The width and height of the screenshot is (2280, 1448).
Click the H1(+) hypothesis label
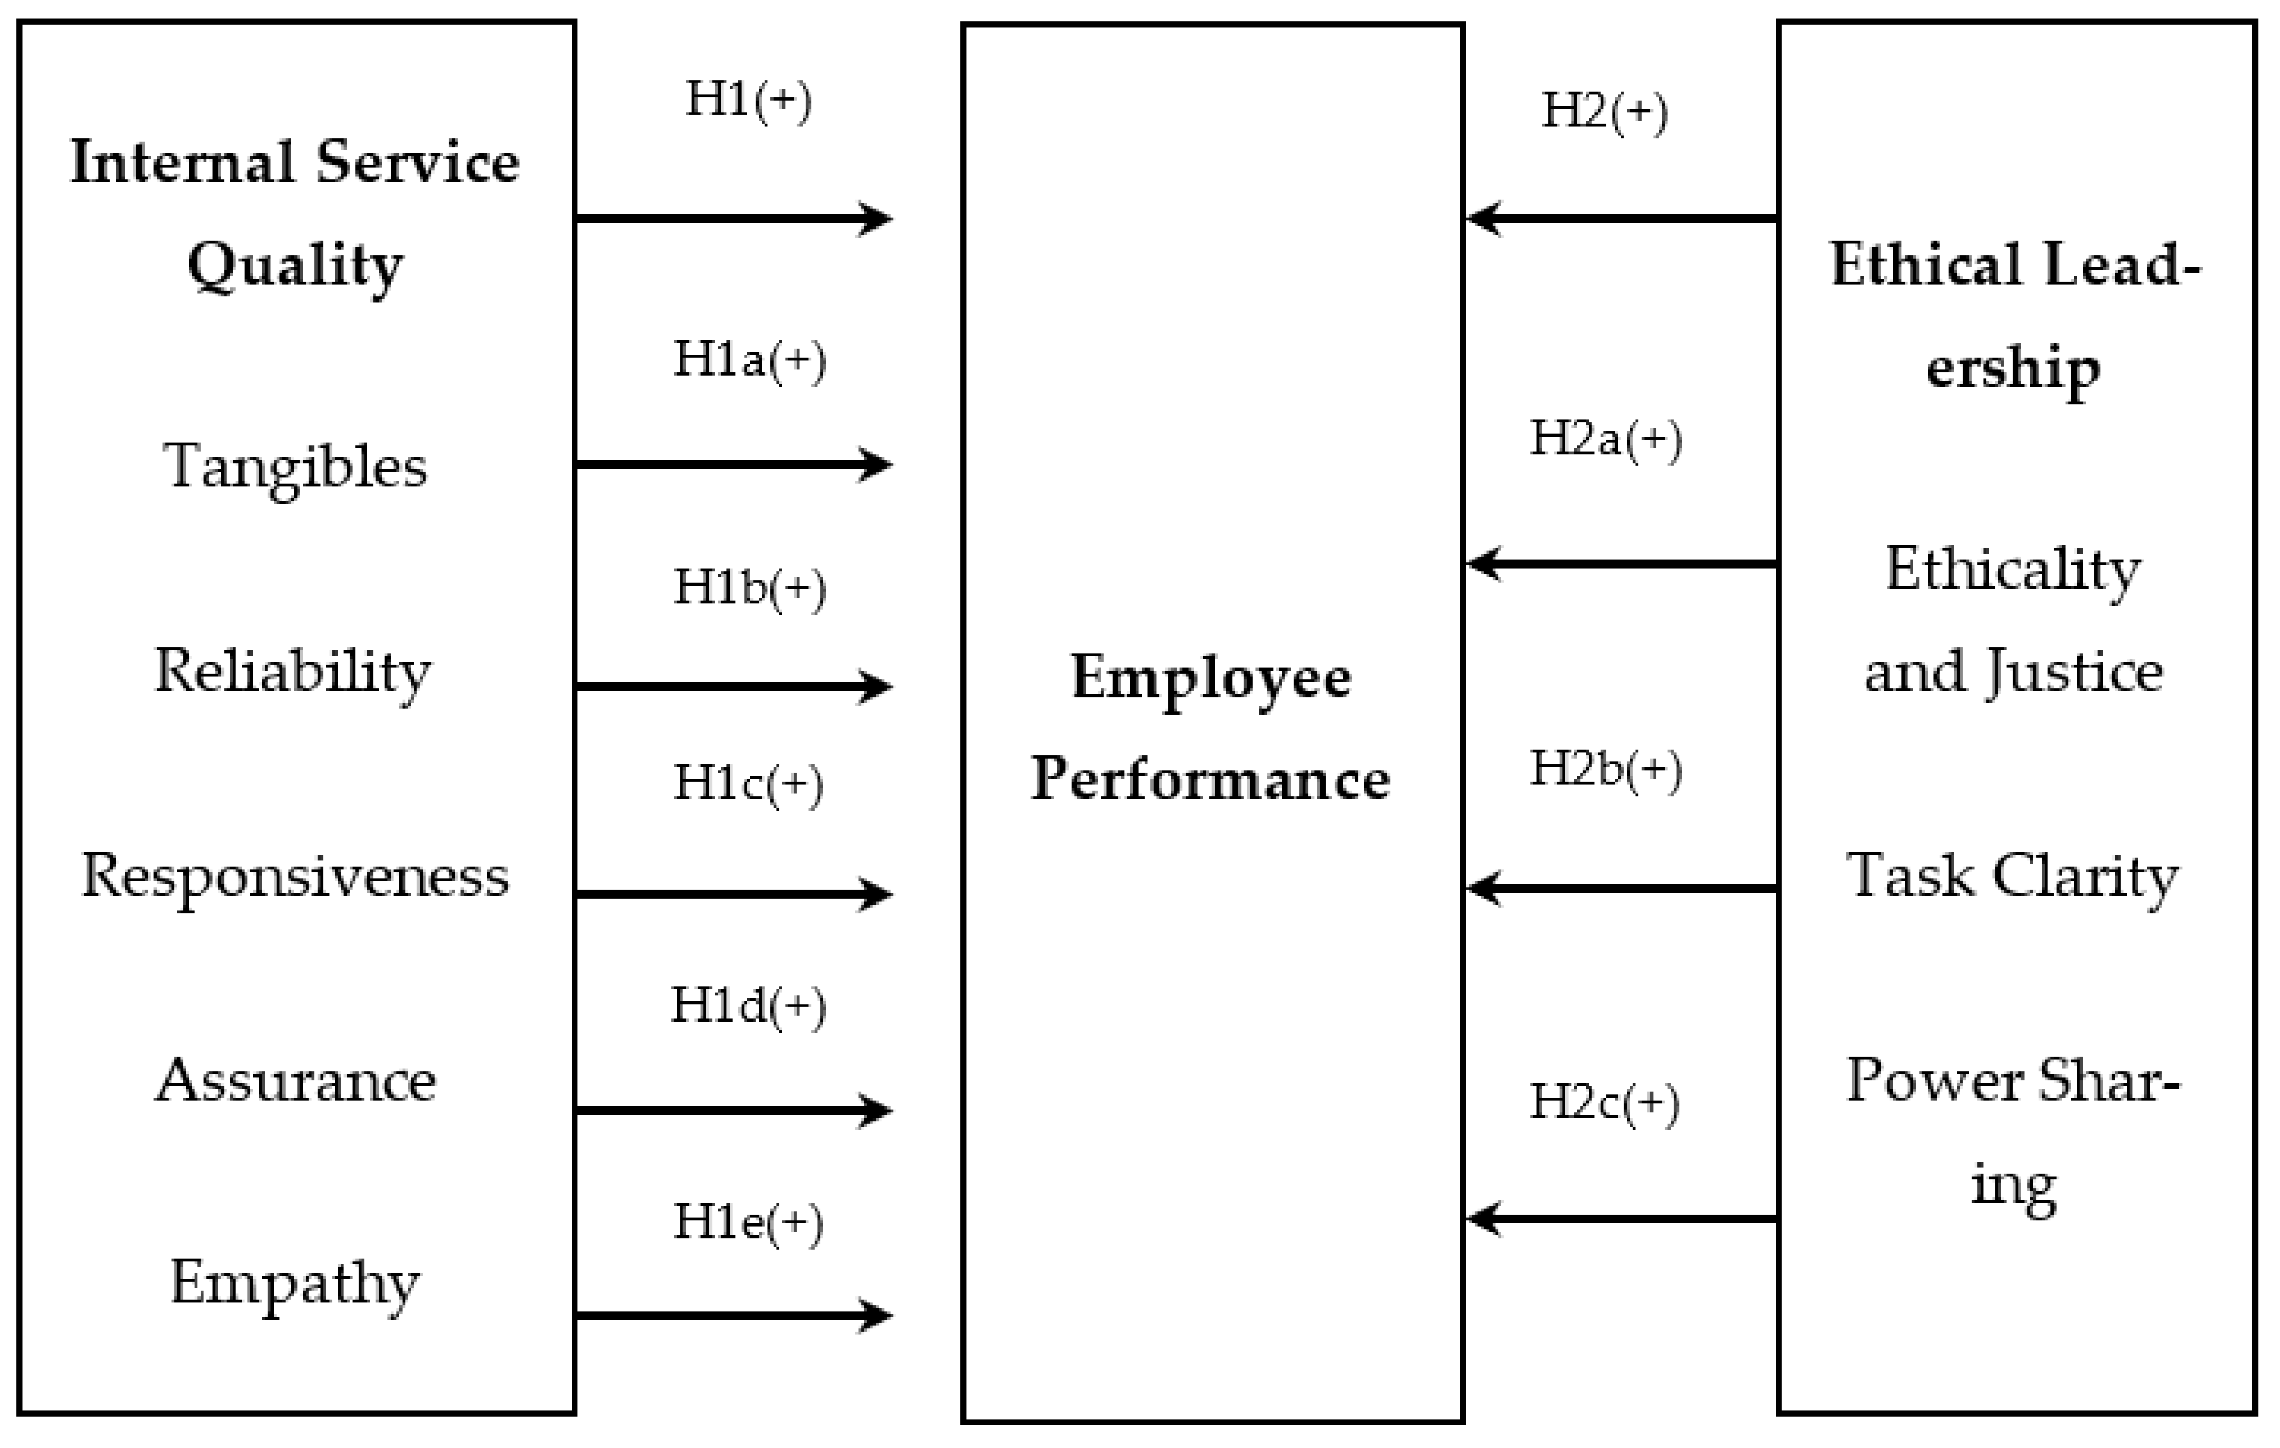[748, 101]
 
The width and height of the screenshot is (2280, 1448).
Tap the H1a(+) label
[749, 361]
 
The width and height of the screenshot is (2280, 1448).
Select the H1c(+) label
[748, 784]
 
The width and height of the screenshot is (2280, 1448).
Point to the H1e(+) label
[748, 1223]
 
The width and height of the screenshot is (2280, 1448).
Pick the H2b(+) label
[1606, 769]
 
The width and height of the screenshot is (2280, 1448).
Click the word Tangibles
[296, 467]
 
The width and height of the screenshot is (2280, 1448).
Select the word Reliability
[292, 671]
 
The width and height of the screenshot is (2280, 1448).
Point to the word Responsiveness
[296, 876]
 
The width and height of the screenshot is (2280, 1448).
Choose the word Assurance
[296, 1081]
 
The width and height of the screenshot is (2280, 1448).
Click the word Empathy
[296, 1284]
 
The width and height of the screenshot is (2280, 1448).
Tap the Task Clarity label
[2013, 876]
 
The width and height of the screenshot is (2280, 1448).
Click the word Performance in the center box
[1210, 779]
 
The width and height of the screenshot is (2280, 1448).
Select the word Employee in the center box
[1211, 678]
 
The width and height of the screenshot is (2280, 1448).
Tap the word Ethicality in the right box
[2013, 569]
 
